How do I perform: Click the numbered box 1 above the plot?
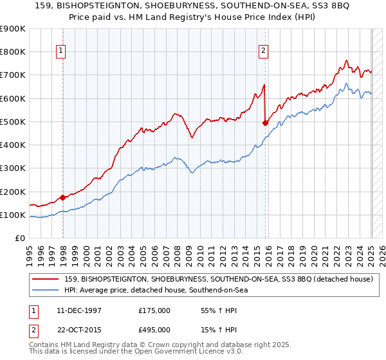(x=60, y=51)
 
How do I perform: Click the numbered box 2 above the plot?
(x=264, y=51)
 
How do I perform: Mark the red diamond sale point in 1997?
(x=63, y=197)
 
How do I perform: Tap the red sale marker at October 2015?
(x=265, y=123)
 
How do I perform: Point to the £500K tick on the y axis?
(x=13, y=122)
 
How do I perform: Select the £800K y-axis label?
(x=13, y=51)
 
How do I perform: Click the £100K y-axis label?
(x=13, y=215)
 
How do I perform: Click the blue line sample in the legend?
(x=45, y=290)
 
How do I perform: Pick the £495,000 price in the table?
(x=154, y=329)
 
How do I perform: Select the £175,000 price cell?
(x=154, y=310)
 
